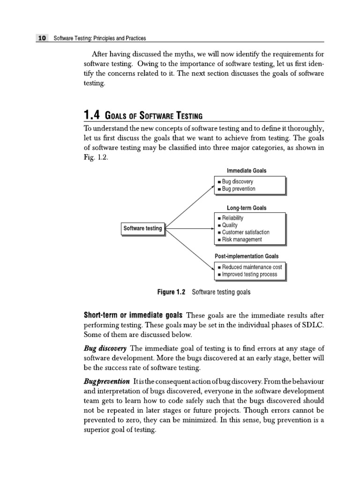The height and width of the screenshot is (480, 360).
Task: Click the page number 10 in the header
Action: pos(42,38)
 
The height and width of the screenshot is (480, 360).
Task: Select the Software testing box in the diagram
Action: pos(142,228)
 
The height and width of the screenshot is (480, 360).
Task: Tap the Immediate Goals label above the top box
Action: pos(247,171)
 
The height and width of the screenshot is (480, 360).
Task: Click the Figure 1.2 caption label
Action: pos(171,292)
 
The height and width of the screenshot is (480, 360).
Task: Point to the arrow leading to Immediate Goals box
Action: pos(190,207)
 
